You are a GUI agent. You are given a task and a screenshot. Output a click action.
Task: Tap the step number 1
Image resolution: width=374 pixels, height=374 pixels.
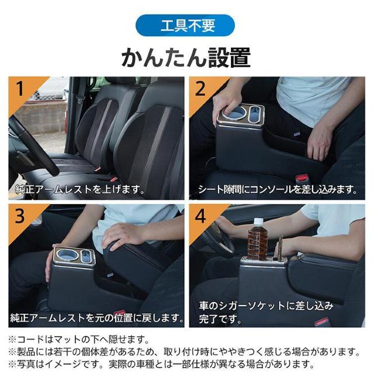20,89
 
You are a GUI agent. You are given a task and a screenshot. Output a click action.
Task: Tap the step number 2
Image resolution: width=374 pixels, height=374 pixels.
200,89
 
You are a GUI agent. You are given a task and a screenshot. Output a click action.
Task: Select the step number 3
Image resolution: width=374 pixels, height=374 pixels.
20,216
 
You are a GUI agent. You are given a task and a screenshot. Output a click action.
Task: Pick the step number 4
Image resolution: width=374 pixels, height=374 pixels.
200,216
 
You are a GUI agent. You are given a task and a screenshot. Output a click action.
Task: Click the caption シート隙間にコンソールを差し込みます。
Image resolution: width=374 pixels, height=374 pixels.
278,189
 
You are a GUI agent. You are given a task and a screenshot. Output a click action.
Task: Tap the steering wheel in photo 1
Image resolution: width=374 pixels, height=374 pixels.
29,146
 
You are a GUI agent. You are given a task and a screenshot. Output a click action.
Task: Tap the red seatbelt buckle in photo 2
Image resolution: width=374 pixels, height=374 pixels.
302,177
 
